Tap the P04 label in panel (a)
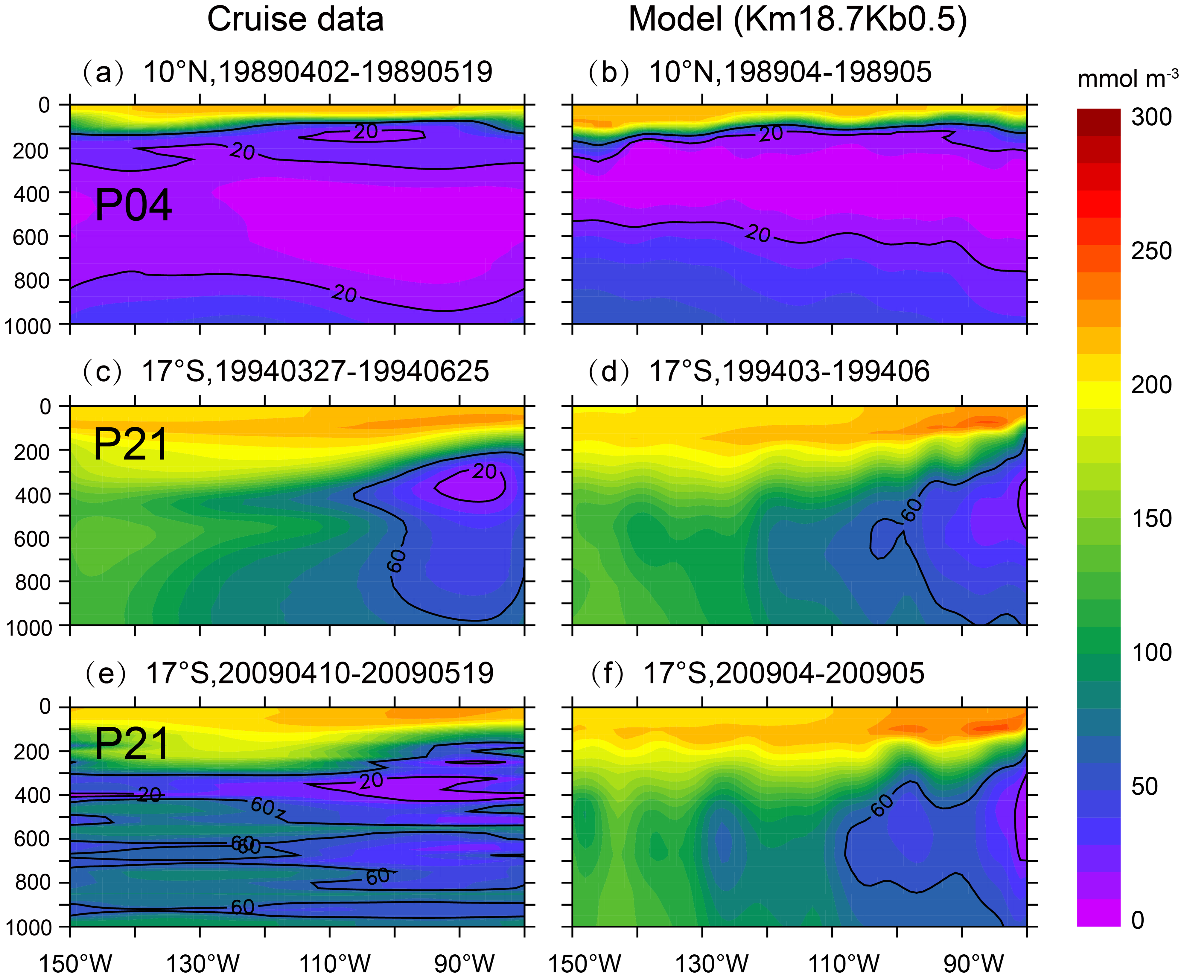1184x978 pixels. click(133, 206)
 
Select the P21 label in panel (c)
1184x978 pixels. click(131, 445)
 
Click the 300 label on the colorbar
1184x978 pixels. click(1151, 117)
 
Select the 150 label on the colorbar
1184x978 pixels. click(1151, 518)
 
